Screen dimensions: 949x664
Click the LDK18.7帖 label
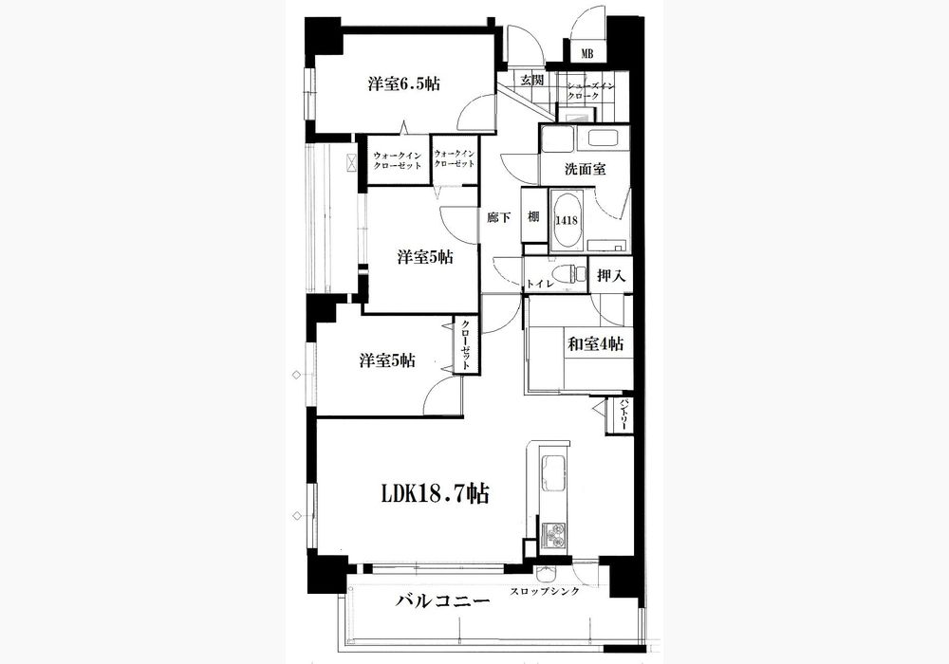pos(435,494)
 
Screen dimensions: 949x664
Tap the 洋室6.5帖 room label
pos(403,84)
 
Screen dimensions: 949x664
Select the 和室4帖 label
pos(595,344)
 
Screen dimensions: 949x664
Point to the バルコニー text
pos(442,601)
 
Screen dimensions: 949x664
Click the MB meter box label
pos(586,54)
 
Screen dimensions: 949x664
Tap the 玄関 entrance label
pos(532,80)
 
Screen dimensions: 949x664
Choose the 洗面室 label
pos(585,170)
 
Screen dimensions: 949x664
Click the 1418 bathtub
pos(568,220)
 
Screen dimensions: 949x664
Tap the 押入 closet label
pos(610,276)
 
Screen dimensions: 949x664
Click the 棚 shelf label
pos(532,216)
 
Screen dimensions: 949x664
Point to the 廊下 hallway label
pos(498,218)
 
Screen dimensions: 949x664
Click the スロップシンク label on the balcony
pos(545,591)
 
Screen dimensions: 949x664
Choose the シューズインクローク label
pos(590,91)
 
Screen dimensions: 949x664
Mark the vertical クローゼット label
pos(466,345)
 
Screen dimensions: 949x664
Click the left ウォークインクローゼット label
pos(397,160)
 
